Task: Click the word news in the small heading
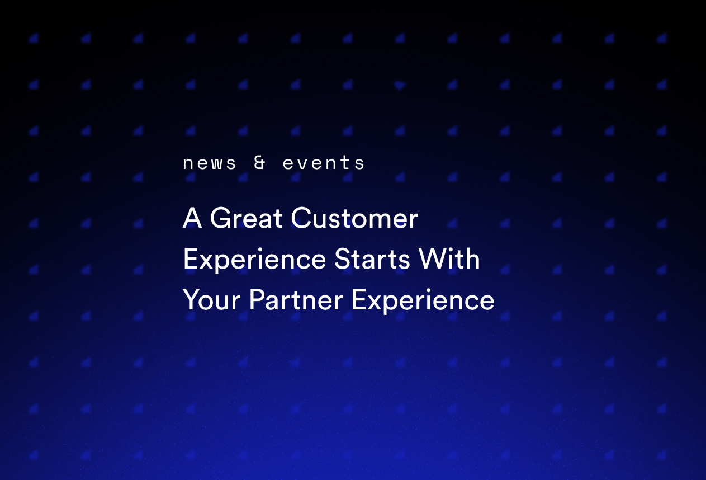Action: pyautogui.click(x=210, y=163)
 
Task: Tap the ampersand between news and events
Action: pyautogui.click(x=260, y=163)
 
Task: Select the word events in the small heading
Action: pyautogui.click(x=324, y=163)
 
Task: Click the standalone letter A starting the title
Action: pyautogui.click(x=192, y=218)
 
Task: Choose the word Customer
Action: pyautogui.click(x=354, y=218)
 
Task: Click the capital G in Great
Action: pyautogui.click(x=221, y=218)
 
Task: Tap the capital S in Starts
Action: pyautogui.click(x=342, y=260)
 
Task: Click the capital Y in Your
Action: pyautogui.click(x=191, y=300)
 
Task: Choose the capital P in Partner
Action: pyautogui.click(x=256, y=300)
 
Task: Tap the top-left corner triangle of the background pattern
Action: pyautogui.click(x=34, y=38)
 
